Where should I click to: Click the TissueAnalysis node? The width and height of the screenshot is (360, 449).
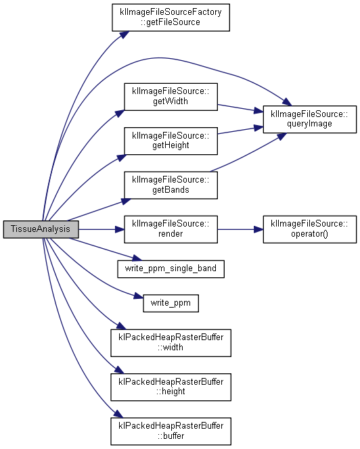[41, 229]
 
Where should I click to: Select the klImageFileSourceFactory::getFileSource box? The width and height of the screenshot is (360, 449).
[171, 18]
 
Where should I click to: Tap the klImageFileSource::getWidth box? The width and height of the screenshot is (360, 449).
[171, 97]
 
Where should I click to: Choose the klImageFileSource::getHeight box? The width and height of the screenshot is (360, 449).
[171, 141]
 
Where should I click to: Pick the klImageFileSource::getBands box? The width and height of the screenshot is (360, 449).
[171, 185]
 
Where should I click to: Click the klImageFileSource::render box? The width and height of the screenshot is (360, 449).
[171, 229]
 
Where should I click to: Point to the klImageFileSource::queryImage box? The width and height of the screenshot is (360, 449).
[310, 119]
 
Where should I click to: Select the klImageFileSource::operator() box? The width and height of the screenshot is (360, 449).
[310, 229]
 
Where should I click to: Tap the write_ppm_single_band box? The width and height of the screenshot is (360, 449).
[171, 269]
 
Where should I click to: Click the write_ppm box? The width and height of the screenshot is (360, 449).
[171, 303]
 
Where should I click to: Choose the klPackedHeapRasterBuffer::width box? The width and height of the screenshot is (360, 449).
[171, 343]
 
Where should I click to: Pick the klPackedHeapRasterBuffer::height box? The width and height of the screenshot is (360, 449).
[171, 387]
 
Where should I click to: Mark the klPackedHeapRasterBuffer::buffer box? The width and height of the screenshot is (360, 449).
[171, 431]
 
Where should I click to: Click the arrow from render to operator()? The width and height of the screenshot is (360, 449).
[240, 229]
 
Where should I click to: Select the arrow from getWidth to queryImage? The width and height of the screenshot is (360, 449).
[240, 108]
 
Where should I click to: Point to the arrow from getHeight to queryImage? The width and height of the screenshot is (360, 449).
[240, 130]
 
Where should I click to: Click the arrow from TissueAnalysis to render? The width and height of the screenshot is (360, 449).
[102, 229]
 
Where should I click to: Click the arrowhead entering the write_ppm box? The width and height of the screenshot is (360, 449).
[139, 296]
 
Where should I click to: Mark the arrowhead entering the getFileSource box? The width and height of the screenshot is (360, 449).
[124, 34]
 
